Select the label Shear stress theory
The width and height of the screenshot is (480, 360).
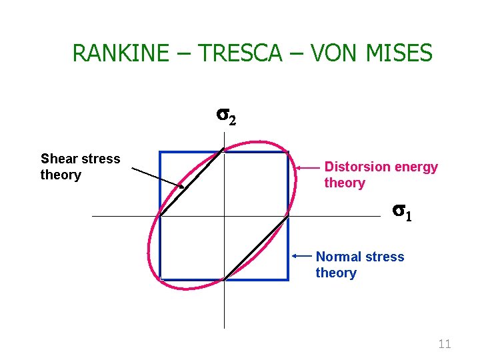coord(80,167)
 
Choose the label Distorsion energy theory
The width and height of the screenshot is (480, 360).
coord(381,175)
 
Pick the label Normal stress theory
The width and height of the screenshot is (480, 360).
coord(359,265)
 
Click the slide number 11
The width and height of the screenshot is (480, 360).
coord(444,344)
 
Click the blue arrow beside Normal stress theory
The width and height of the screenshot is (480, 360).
coord(303,255)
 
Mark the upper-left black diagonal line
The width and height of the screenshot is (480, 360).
coord(191,183)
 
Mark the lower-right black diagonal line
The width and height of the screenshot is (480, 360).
coord(256,247)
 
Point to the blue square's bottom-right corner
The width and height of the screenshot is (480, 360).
coord(287,279)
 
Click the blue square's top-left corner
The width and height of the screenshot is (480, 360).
coord(161,153)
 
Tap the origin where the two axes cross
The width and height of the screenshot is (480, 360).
coord(224,216)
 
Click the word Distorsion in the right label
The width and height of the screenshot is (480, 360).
coord(354,167)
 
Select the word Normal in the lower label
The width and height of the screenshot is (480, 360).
coord(338,257)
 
